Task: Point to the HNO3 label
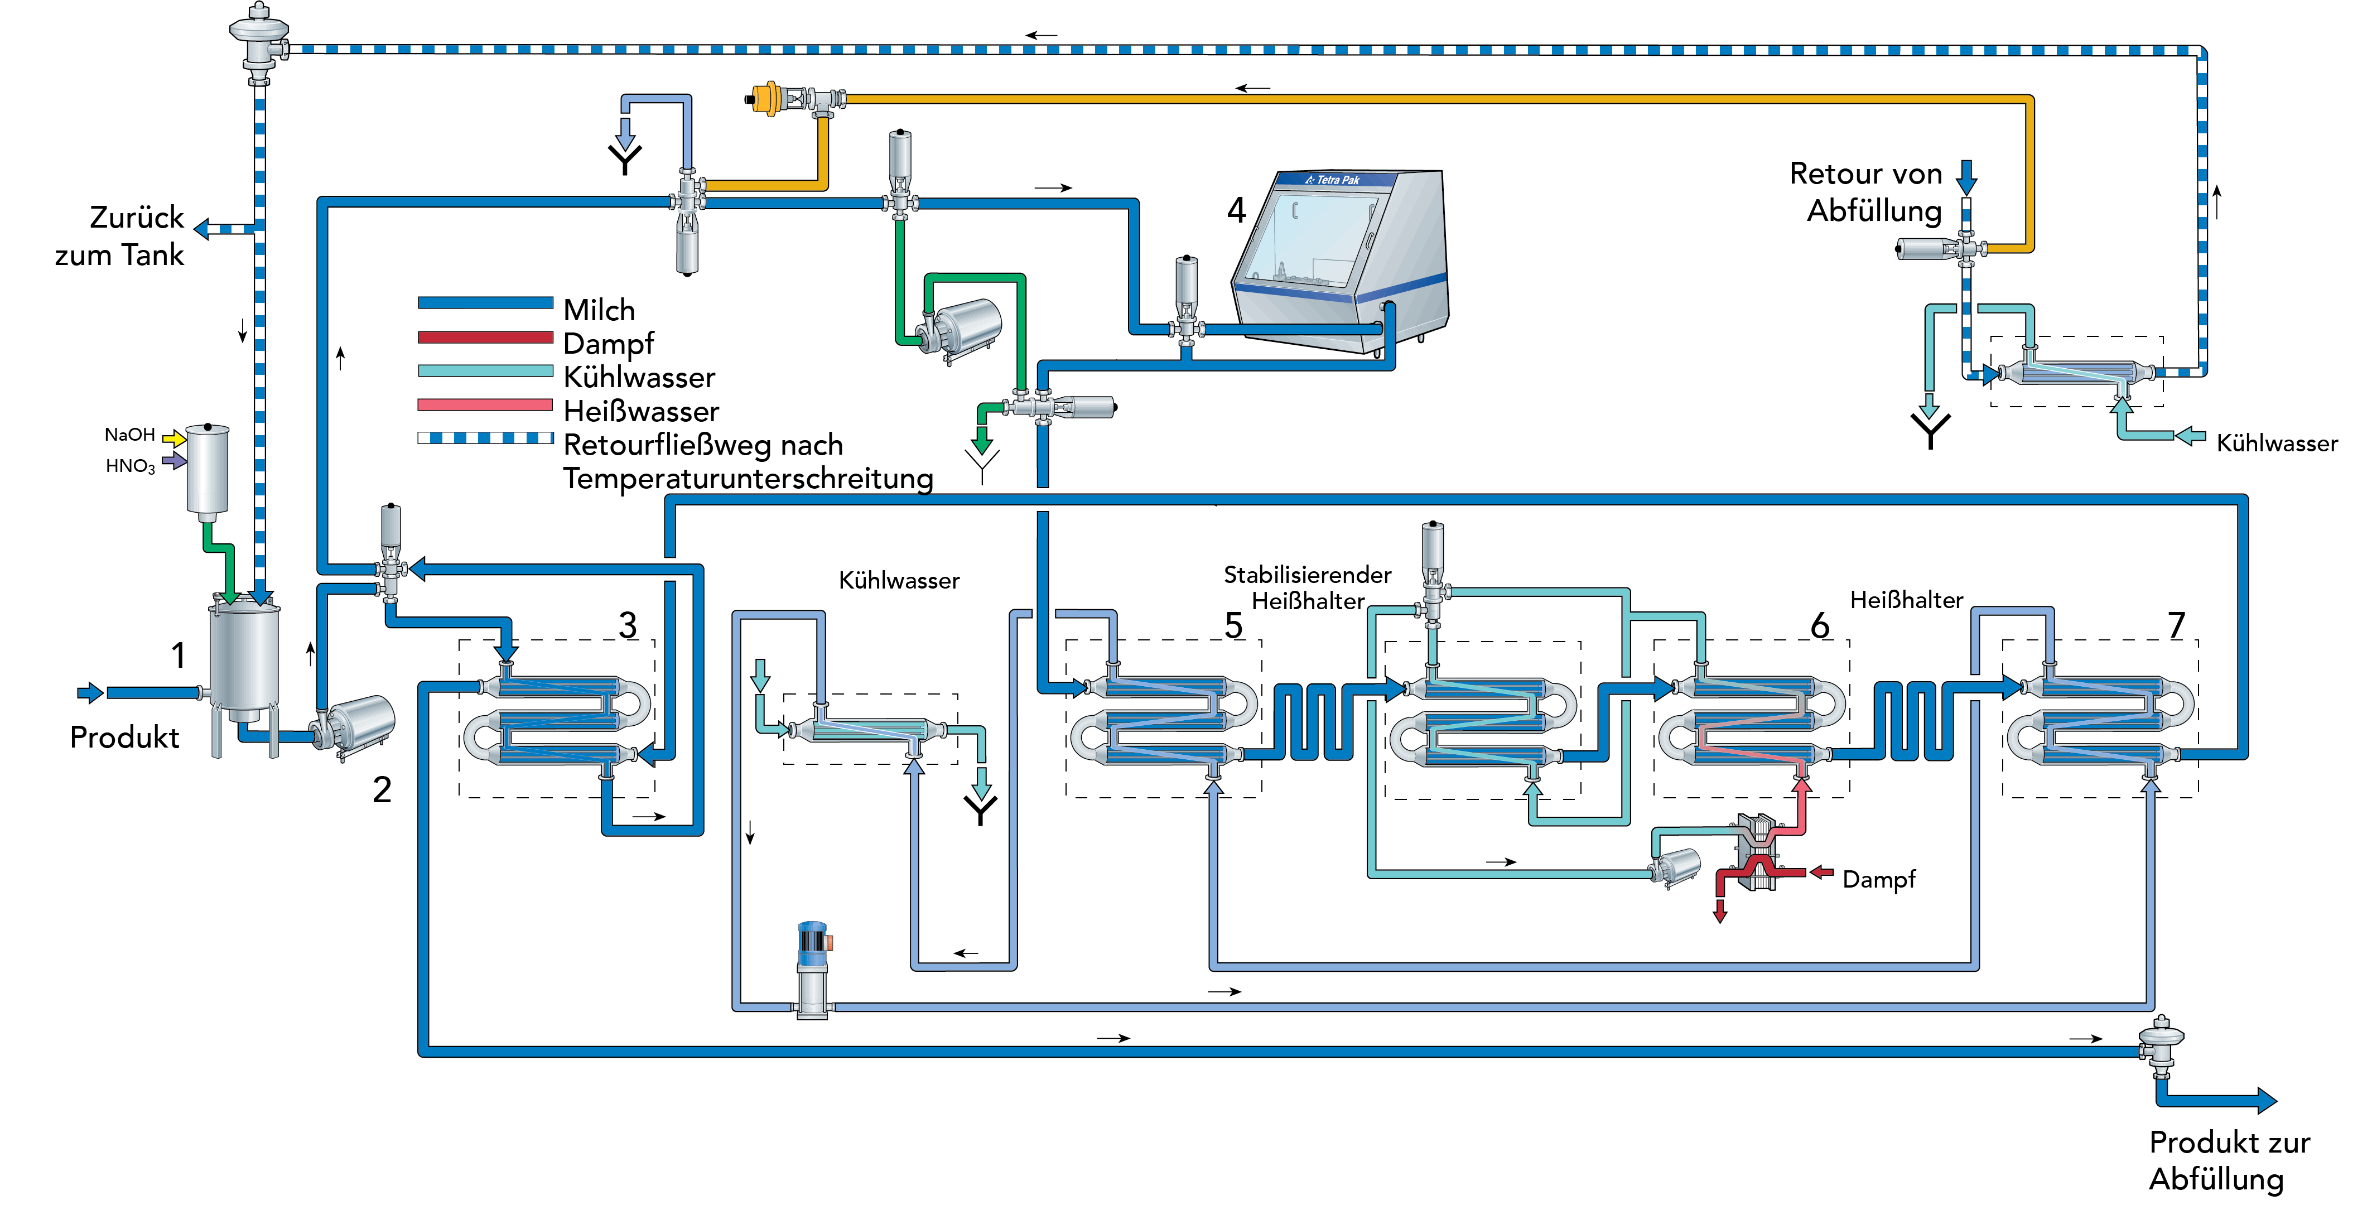[130, 466]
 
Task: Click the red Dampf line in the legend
[485, 337]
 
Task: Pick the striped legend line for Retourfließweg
[485, 438]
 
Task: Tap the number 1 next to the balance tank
[179, 655]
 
